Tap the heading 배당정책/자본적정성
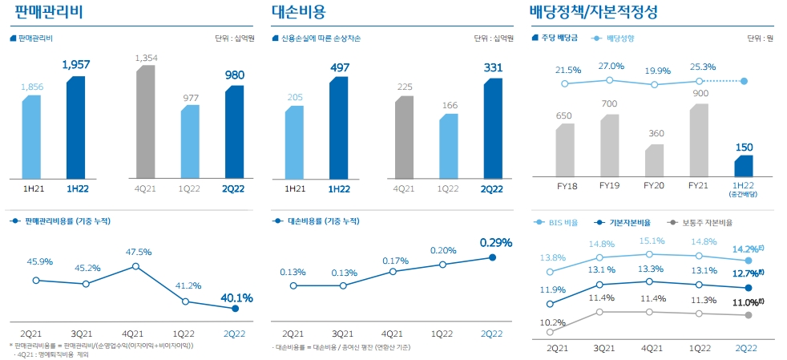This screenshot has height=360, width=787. coord(594,12)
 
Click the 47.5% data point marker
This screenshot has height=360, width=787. coord(135,266)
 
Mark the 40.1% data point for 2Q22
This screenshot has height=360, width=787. coord(235,309)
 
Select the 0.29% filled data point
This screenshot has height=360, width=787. coord(493,257)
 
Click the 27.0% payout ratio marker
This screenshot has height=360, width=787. coord(610,79)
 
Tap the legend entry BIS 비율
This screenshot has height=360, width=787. coord(561,222)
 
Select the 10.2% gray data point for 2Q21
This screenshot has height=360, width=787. coord(550,332)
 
